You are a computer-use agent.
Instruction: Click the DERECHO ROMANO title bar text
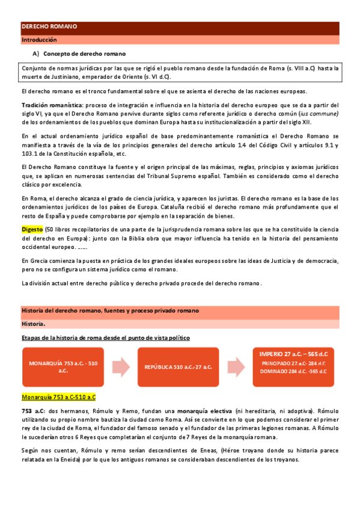coord(49,28)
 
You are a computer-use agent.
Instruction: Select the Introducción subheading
coord(39,40)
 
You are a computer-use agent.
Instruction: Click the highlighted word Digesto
coord(32,229)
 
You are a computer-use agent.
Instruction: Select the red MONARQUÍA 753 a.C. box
coord(63,367)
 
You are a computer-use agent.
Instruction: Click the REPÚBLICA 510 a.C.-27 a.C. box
coord(178,367)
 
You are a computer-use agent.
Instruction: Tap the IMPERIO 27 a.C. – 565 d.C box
coord(293,367)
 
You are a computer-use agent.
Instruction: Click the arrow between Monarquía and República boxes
coord(121,367)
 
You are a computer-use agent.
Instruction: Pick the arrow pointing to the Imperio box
coord(235,367)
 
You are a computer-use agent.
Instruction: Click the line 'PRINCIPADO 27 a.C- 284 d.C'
coord(293,363)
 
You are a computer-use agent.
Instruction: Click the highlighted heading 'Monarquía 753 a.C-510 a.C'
coord(58,398)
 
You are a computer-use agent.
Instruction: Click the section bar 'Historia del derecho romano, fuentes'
coord(110,311)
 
